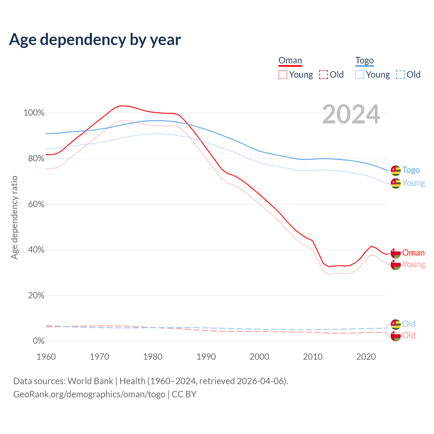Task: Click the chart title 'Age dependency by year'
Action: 95,40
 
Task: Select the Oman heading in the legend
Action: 290,61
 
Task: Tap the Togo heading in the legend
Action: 364,61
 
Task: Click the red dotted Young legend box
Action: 283,75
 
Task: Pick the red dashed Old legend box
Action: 323,75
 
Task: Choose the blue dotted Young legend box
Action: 360,75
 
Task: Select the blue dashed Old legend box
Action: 400,75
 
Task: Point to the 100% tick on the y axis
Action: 34,113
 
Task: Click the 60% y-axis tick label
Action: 36,204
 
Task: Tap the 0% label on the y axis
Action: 39,341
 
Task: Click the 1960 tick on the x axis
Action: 46,357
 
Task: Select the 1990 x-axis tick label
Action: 206,357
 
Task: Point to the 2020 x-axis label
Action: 366,357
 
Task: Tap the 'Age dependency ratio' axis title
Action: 14,217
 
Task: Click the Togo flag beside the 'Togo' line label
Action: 396,170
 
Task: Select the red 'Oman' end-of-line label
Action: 413,253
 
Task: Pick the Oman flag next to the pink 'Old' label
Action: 396,336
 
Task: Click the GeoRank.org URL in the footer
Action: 89,394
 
